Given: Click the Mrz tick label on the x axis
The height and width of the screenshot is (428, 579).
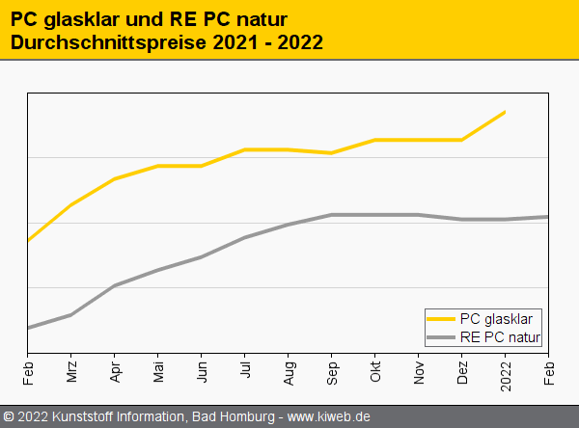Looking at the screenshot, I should (x=71, y=373).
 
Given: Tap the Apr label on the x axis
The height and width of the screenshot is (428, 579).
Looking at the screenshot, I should (x=115, y=373).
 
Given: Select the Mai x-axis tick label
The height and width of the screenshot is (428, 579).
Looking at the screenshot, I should (x=158, y=373).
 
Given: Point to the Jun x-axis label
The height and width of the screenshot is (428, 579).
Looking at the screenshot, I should (x=202, y=373).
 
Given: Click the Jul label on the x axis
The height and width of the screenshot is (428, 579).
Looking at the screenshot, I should (x=245, y=371).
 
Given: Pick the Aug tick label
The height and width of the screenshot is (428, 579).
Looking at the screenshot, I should (x=289, y=373).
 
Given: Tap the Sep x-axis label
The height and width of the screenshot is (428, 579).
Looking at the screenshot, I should (x=332, y=373).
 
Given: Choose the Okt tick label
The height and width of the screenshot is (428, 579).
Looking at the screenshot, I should (x=375, y=372).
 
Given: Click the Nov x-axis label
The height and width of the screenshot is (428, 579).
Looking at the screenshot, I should (x=419, y=373).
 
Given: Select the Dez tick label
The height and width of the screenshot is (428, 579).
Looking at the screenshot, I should (x=462, y=373).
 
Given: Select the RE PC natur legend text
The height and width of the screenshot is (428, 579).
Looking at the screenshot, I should (x=501, y=336).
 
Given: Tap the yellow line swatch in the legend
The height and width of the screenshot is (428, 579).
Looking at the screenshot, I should (x=441, y=319).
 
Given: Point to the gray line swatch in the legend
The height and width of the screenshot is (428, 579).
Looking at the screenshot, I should (x=441, y=336).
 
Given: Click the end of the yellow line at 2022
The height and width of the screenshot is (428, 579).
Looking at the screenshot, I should (x=505, y=112).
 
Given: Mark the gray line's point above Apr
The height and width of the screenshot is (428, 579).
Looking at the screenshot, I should (x=115, y=285).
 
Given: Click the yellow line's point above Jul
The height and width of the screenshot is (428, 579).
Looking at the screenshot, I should (x=245, y=149).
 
